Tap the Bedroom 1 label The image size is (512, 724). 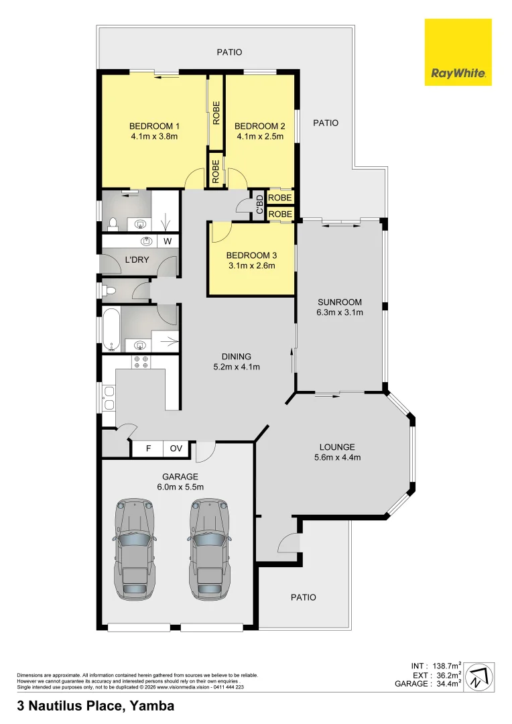[x=154, y=126]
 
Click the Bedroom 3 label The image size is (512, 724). [x=251, y=255]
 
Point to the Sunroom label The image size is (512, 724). [x=339, y=302]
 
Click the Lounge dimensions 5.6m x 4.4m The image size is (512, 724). [x=338, y=459]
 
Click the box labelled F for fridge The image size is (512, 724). [x=148, y=449]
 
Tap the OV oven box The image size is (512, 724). [x=176, y=449]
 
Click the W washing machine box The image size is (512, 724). [x=168, y=241]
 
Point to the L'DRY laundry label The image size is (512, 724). [x=137, y=260]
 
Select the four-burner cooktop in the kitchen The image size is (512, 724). [x=141, y=362]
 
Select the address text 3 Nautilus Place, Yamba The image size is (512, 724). [x=95, y=706]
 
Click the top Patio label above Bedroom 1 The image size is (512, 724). [x=229, y=52]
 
